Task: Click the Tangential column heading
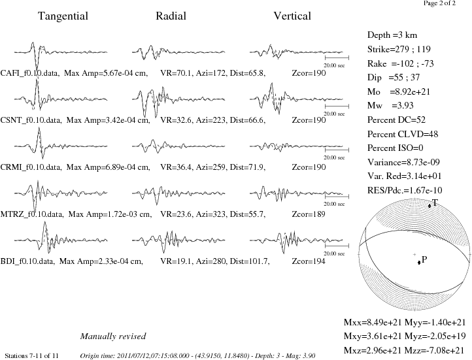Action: [63, 16]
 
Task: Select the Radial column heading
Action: [171, 16]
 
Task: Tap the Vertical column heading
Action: [292, 16]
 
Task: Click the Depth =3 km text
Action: [392, 35]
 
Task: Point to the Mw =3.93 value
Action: [390, 106]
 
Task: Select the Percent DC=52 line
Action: [396, 120]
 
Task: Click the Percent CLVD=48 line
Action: [403, 134]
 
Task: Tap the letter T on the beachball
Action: [435, 203]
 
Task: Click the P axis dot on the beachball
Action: [418, 263]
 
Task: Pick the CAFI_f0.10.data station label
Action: [29, 73]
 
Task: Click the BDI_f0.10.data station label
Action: [27, 261]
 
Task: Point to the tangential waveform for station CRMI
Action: [61, 143]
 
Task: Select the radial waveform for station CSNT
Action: [178, 101]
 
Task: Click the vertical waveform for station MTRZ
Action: [296, 193]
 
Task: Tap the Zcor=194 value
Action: [309, 261]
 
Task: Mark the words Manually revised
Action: [113, 336]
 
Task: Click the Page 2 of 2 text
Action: [439, 3]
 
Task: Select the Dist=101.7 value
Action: [250, 261]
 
